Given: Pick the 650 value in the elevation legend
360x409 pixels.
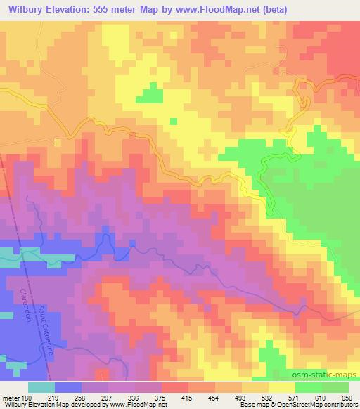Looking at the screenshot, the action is (346, 398).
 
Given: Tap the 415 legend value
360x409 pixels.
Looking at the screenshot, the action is (186, 398).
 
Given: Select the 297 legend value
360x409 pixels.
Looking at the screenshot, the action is (106, 398).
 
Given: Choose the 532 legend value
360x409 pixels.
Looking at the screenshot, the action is (266, 398).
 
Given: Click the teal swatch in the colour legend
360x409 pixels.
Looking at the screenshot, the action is (41, 387).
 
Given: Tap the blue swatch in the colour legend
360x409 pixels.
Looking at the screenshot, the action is (68, 387).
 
